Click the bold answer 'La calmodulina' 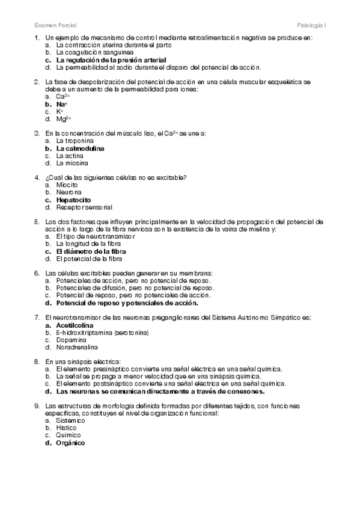pos(80,148)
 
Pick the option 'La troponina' pos(75,141)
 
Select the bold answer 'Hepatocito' pos(74,199)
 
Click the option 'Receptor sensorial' pos(84,207)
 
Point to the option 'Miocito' pos(67,185)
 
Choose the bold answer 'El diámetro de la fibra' pos(91,251)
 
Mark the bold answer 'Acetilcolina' pos(75,324)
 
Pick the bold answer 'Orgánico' pos(70,442)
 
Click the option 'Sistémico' pos(70,420)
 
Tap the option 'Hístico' pos(67,428)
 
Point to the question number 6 pos(37,273)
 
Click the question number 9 pos(37,405)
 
